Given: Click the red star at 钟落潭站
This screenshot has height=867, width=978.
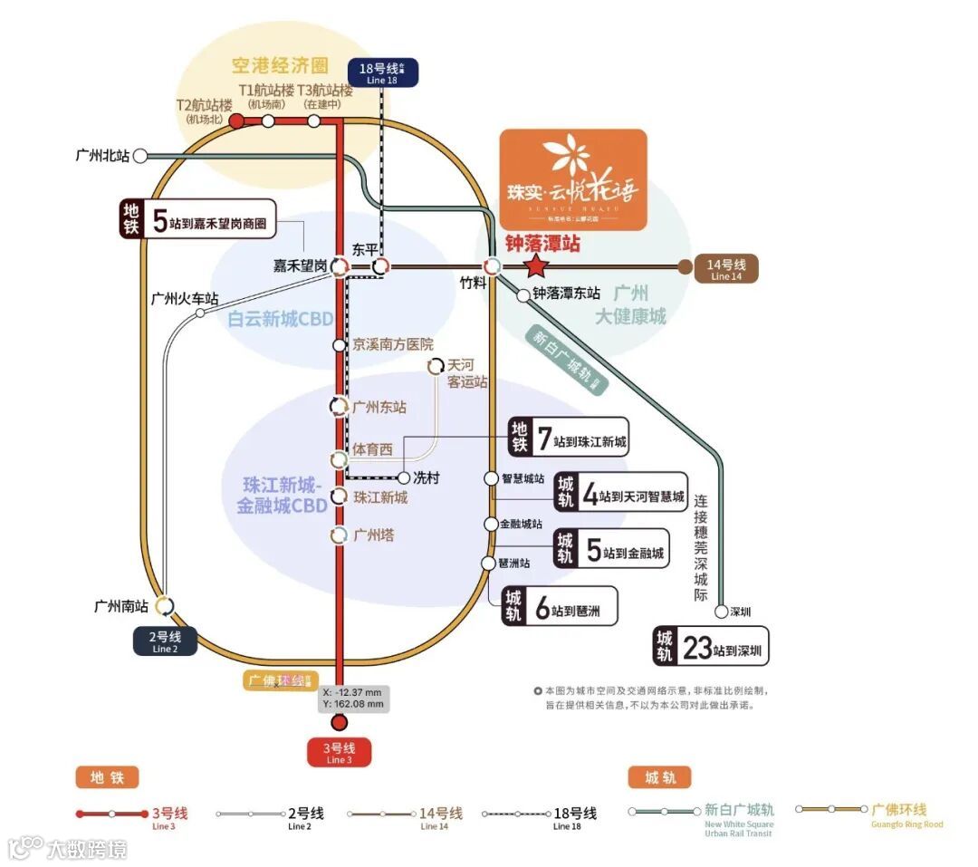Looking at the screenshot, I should (537, 266).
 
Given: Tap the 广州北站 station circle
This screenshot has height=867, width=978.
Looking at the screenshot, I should (140, 156).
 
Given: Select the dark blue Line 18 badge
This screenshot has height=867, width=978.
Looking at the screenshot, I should (382, 73).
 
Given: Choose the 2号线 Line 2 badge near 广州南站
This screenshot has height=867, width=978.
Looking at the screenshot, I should (166, 641).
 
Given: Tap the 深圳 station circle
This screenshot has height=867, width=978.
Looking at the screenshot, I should (721, 612).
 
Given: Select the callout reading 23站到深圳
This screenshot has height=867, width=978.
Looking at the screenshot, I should (712, 647).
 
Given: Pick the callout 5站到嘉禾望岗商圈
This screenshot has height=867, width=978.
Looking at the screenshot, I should (197, 219).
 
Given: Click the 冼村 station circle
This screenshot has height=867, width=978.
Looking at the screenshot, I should (404, 477).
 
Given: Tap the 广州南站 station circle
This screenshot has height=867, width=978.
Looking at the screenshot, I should (165, 605).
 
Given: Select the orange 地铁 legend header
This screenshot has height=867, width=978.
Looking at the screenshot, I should (107, 777).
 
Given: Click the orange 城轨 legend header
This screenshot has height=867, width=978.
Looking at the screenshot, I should (659, 777).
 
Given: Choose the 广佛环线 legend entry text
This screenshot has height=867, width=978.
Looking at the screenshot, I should (899, 810).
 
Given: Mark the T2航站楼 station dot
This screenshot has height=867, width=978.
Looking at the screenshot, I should (235, 120).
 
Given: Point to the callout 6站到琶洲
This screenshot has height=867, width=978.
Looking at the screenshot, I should (561, 606).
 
